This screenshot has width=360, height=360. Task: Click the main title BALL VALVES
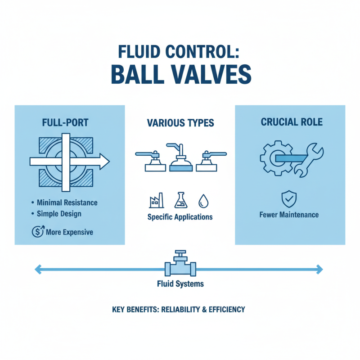click(180, 74)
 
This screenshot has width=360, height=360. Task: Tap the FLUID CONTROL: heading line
click(180, 51)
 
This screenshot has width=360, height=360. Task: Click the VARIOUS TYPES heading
click(180, 122)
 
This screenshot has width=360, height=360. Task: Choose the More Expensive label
click(69, 232)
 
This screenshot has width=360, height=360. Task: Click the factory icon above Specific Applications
click(153, 201)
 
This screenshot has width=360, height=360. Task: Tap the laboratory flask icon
click(180, 201)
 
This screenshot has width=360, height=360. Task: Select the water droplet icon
click(204, 201)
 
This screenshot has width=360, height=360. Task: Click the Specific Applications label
click(180, 216)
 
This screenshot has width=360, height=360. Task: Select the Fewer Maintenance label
click(289, 215)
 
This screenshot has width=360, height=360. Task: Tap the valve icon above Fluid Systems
click(180, 265)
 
